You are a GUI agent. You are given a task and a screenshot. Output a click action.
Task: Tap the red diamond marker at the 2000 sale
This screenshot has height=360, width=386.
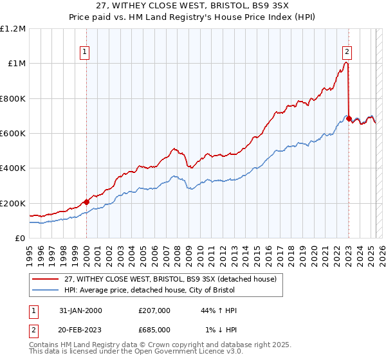tap(86, 202)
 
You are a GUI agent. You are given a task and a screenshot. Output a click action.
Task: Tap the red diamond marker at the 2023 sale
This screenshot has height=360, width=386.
tap(349, 119)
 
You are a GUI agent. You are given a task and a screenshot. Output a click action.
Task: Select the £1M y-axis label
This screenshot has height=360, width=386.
tap(16, 64)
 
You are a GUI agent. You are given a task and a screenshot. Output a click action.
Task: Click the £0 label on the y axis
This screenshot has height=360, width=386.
tap(21, 238)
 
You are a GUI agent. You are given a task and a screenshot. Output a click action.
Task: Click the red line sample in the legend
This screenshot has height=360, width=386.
tap(46, 279)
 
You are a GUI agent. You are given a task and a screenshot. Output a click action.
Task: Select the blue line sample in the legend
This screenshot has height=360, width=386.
tap(46, 290)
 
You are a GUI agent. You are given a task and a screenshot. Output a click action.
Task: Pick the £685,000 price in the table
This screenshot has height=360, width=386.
tap(158, 329)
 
